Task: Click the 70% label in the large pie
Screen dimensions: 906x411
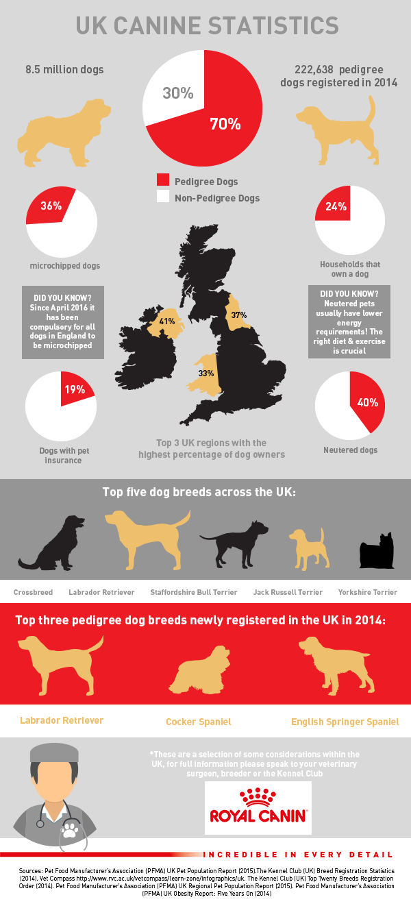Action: point(225,124)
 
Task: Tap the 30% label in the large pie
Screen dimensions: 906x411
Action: point(177,93)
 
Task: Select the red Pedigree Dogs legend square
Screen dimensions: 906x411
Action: point(162,181)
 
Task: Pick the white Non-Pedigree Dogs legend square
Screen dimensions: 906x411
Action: point(162,197)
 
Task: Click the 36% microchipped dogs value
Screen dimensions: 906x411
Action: point(51,206)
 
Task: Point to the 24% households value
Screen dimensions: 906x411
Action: point(336,207)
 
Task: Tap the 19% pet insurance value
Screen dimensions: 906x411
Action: point(74,389)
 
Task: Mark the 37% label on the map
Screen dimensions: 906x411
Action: point(238,315)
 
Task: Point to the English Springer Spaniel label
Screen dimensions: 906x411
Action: point(345,722)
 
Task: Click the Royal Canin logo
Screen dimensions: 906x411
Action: point(259,807)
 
